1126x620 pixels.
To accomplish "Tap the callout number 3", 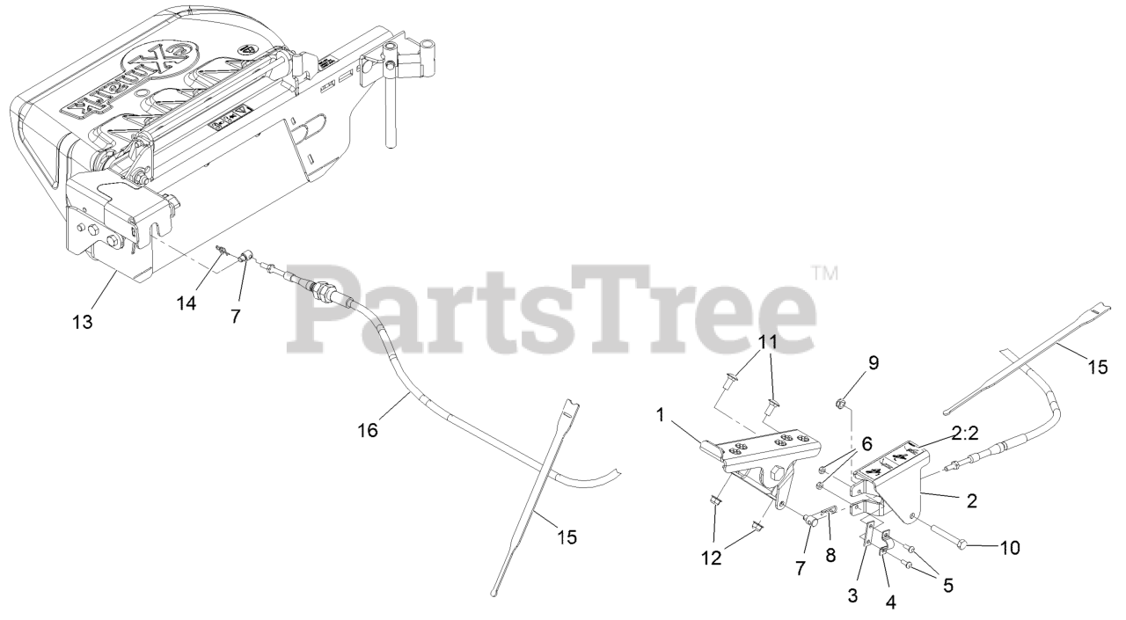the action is [852, 595].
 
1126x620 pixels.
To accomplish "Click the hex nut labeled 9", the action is [840, 404].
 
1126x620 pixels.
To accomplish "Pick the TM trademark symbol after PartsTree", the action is [823, 273].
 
